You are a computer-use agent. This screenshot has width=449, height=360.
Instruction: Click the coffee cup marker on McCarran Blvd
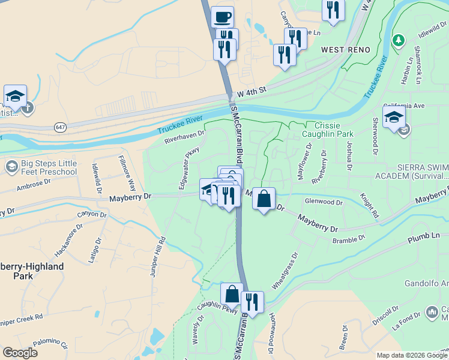pyautogui.click(x=222, y=17)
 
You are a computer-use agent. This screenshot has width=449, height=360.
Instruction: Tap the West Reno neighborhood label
pyautogui.click(x=343, y=49)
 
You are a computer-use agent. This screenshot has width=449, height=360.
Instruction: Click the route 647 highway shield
pyautogui.click(x=60, y=127)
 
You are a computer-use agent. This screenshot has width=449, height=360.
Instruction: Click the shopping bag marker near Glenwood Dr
pyautogui.click(x=264, y=199)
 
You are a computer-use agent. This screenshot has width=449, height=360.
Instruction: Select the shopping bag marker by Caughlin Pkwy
pyautogui.click(x=232, y=294)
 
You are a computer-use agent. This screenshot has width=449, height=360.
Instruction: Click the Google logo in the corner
pyautogui.click(x=20, y=353)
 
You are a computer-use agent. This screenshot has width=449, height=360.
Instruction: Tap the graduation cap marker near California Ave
pyautogui.click(x=394, y=116)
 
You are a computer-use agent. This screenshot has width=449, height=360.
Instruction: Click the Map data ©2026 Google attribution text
pyautogui.click(x=411, y=355)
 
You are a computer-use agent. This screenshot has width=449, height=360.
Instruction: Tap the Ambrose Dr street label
pyautogui.click(x=34, y=184)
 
